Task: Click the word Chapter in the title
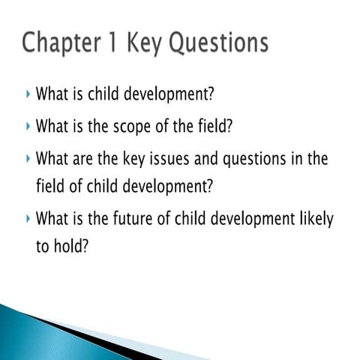63,43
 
